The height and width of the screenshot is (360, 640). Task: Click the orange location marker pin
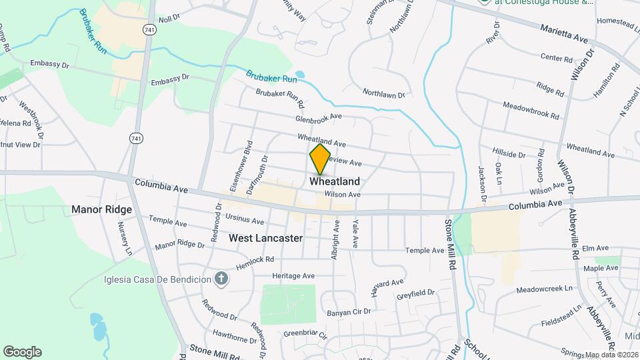320,159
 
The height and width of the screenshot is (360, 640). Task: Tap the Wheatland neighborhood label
335,181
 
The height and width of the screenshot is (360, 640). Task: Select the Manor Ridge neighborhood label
102,209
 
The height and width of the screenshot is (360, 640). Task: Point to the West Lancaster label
265,237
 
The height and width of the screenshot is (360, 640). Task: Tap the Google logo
22,351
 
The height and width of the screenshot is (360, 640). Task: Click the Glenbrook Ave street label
319,117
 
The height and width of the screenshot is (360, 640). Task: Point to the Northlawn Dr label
383,93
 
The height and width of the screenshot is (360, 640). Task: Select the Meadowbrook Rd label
531,110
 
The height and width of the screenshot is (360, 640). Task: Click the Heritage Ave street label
293,275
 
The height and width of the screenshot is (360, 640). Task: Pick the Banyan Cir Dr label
348,311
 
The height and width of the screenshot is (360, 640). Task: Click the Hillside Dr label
509,153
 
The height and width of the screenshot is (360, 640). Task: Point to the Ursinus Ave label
245,220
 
